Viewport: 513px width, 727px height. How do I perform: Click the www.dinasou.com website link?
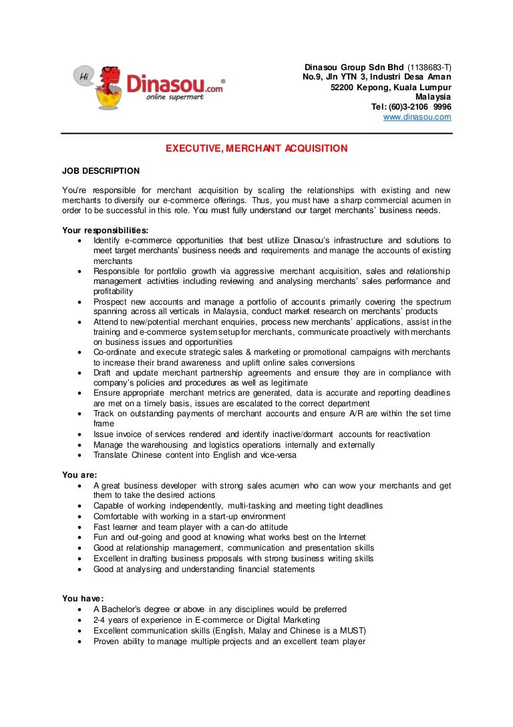[x=417, y=117]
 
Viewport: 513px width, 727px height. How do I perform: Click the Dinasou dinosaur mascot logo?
[x=109, y=86]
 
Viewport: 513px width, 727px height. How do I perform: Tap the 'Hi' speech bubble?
[x=84, y=76]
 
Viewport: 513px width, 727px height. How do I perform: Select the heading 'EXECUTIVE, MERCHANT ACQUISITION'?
[x=256, y=148]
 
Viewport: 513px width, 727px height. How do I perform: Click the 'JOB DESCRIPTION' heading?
[x=101, y=171]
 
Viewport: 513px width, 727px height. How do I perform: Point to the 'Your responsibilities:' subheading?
[x=106, y=231]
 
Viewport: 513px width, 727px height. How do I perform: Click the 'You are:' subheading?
[x=79, y=475]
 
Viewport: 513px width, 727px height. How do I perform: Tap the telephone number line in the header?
[x=411, y=107]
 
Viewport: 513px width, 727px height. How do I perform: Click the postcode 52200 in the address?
[x=344, y=88]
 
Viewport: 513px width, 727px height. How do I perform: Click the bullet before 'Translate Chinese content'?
[x=80, y=456]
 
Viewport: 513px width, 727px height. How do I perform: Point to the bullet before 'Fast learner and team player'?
[x=80, y=527]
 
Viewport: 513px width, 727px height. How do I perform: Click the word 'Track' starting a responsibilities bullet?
[x=104, y=414]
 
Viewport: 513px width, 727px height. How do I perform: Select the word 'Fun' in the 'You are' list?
[x=101, y=537]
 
